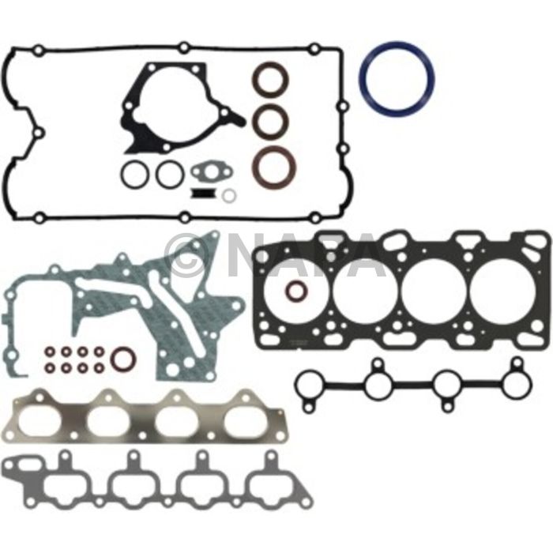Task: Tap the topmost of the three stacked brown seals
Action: point(270,81)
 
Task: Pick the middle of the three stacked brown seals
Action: point(270,119)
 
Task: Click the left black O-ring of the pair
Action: point(135,175)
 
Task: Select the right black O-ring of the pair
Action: point(169,175)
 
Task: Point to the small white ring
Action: point(228,195)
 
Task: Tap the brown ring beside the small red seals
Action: point(123,359)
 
